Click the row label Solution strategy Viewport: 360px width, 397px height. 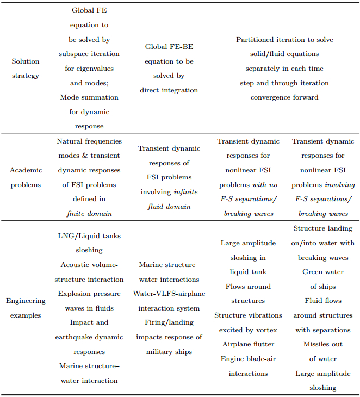pyautogui.click(x=26, y=69)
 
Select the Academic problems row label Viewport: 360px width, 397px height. pyautogui.click(x=26, y=177)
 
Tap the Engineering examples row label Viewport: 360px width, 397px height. pyautogui.click(x=26, y=308)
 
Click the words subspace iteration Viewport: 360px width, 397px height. pyautogui.click(x=89, y=54)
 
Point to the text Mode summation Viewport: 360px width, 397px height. pyautogui.click(x=89, y=97)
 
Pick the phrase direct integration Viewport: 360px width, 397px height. pyautogui.click(x=169, y=90)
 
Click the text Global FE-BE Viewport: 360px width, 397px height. pyautogui.click(x=169, y=47)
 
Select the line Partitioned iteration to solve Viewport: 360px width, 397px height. pyautogui.click(x=284, y=40)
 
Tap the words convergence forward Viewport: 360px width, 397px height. pyautogui.click(x=284, y=97)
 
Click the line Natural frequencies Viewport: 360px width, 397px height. pyautogui.click(x=89, y=141)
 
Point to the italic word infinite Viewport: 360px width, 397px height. pyautogui.click(x=185, y=192)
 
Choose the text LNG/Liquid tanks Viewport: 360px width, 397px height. pyautogui.click(x=89, y=236)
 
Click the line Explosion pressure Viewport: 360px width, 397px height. pyautogui.click(x=89, y=294)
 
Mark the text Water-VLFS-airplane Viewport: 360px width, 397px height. pyautogui.click(x=169, y=294)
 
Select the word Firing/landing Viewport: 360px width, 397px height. pyautogui.click(x=169, y=322)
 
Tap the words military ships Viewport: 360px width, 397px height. pyautogui.click(x=169, y=352)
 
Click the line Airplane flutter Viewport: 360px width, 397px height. pyautogui.click(x=248, y=344)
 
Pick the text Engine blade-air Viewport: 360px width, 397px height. pyautogui.click(x=248, y=359)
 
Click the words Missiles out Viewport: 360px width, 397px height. pyautogui.click(x=323, y=344)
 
